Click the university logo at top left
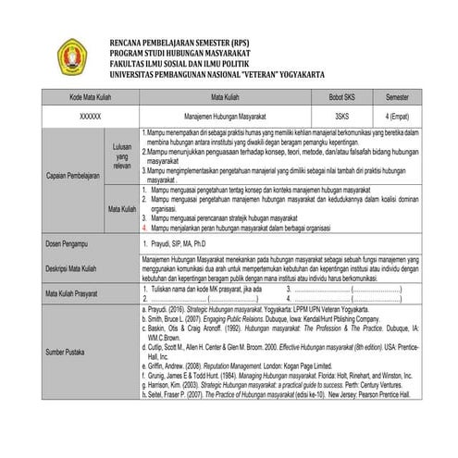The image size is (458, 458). [x=73, y=56]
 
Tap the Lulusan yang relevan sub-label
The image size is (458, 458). [x=122, y=155]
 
